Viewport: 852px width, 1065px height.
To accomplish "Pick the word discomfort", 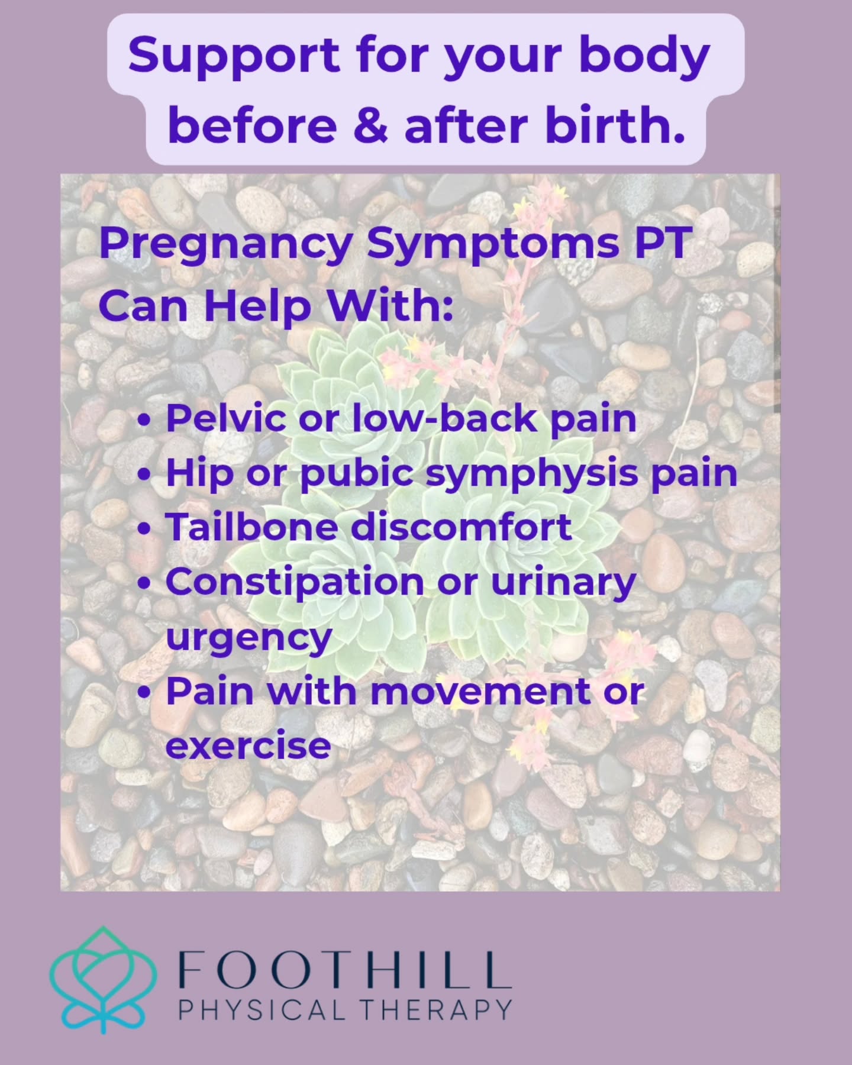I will pos(461,527).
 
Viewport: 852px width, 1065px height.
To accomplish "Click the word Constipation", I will pos(294,582).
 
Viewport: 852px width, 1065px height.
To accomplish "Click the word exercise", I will pos(248,745).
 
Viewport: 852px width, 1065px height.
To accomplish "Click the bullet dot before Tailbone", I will pos(143,528).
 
